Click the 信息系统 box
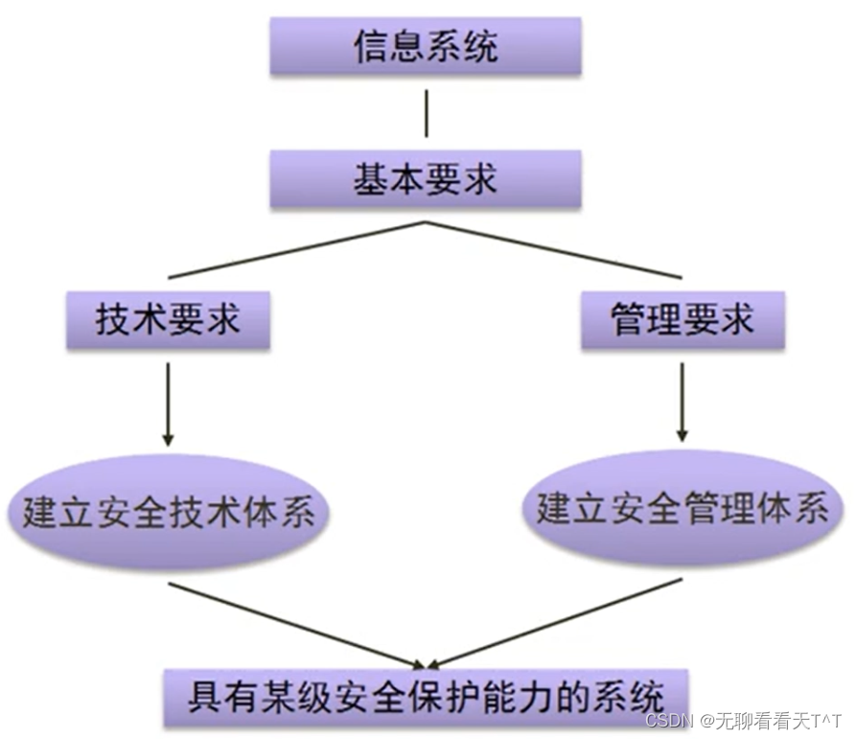pyautogui.click(x=426, y=47)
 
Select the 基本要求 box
pyautogui.click(x=426, y=179)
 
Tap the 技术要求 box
pyautogui.click(x=168, y=320)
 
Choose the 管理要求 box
pyautogui.click(x=682, y=320)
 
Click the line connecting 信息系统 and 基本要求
pyautogui.click(x=426, y=113)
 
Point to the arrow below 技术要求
pyautogui.click(x=168, y=403)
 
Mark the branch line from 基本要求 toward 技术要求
pyautogui.click(x=297, y=249)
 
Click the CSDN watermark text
pyautogui.click(x=744, y=719)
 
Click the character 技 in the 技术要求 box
pyautogui.click(x=113, y=320)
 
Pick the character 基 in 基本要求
pyautogui.click(x=371, y=179)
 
